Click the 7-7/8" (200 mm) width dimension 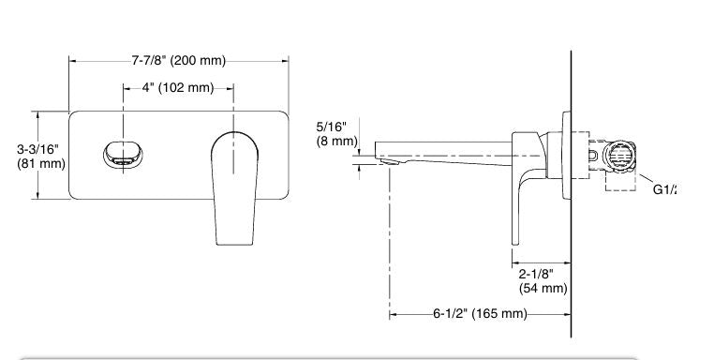click(x=178, y=61)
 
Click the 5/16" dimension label click(x=331, y=126)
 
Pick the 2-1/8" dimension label click(x=537, y=273)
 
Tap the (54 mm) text click(x=543, y=288)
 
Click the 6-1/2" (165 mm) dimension click(x=480, y=313)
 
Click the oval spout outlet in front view click(x=121, y=152)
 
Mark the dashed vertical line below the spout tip click(x=389, y=244)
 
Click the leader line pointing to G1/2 click(x=644, y=178)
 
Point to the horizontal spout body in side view click(x=445, y=150)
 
